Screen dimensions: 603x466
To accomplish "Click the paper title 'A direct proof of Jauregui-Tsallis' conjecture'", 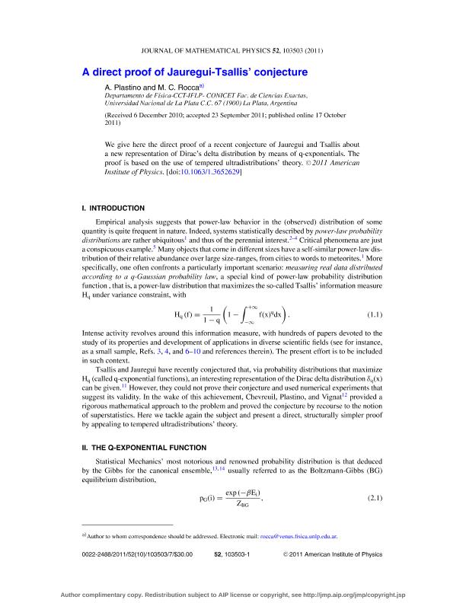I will [x=194, y=72].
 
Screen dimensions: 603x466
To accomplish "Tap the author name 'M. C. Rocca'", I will [x=180, y=88].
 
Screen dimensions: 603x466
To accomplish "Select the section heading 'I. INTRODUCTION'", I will [x=113, y=208].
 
